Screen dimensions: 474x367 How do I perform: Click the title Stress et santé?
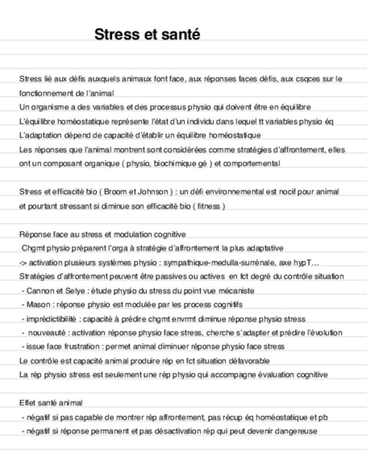point(147,34)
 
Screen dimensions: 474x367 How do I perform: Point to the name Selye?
point(77,291)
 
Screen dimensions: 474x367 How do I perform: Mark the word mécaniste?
point(235,291)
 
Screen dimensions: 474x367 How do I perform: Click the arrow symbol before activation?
point(23,262)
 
